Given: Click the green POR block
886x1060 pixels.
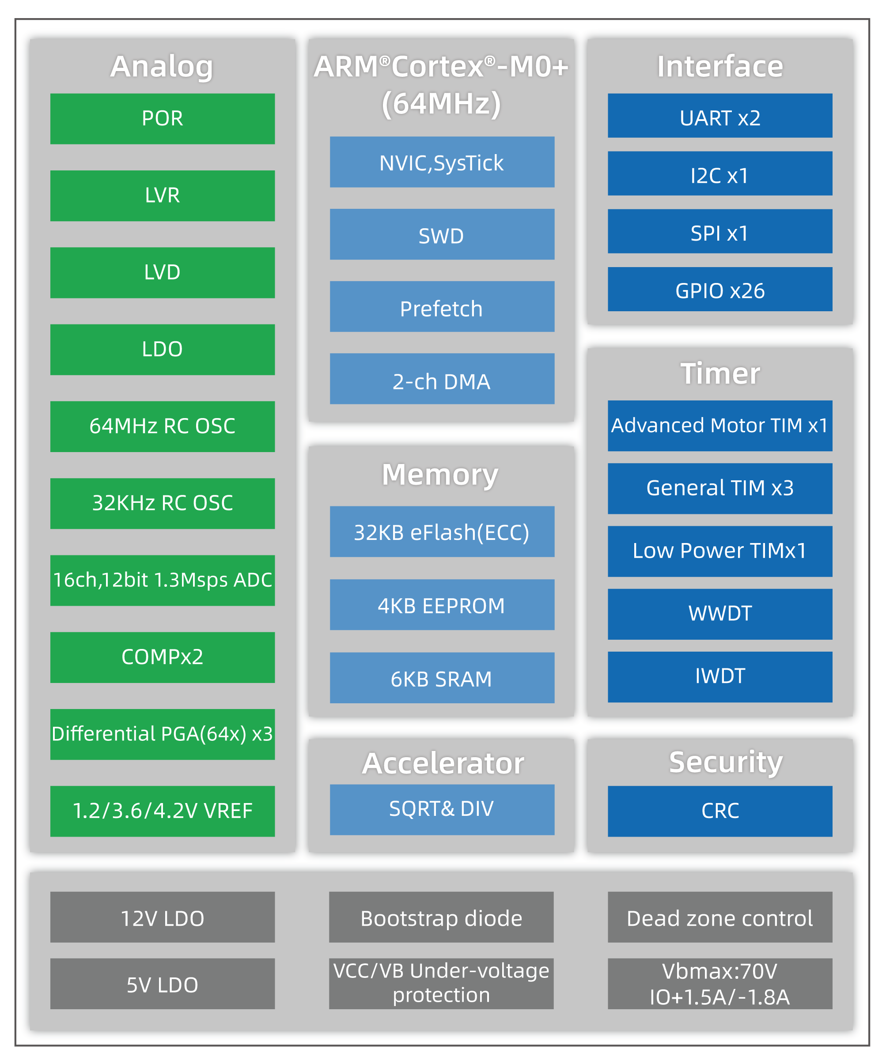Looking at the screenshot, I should click(x=162, y=119).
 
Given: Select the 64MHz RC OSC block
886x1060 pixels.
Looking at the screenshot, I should click(x=162, y=426).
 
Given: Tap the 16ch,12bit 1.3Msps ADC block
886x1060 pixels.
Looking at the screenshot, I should click(x=162, y=581).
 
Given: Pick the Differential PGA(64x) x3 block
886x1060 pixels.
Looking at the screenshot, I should click(x=162, y=735).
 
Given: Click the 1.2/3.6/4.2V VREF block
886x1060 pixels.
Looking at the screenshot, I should click(x=162, y=811).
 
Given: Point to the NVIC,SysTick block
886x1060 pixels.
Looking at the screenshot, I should click(x=442, y=162).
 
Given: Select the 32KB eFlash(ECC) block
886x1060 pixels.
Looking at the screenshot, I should click(x=442, y=532).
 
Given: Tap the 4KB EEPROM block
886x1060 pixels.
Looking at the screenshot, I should click(x=442, y=605).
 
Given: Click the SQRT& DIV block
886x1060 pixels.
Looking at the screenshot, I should click(x=442, y=810).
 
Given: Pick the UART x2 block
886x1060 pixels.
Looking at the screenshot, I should click(x=720, y=116).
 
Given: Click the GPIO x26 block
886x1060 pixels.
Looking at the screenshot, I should click(x=720, y=289).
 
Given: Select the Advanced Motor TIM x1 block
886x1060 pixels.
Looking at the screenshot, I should click(x=720, y=426).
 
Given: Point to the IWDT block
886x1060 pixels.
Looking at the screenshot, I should click(x=720, y=677).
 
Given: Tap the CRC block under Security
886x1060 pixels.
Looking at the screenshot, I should click(x=720, y=811).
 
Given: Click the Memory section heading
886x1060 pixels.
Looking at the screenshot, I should click(x=440, y=475).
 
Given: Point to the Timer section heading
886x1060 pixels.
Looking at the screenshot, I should click(x=720, y=373).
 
